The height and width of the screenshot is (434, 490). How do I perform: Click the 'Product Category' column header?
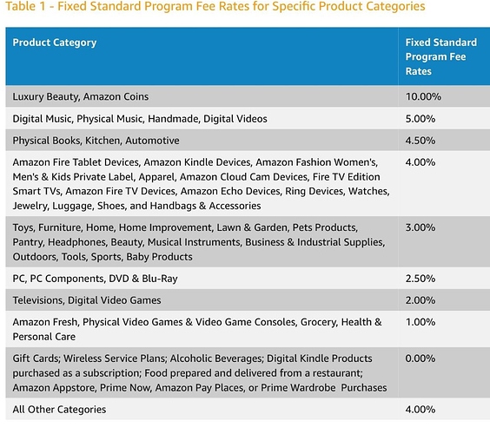55,43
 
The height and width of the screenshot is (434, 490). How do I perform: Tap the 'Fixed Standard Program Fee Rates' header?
441,56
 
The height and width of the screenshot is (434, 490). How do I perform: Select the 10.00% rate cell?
423,96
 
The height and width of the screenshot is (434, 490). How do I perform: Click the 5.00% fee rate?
420,119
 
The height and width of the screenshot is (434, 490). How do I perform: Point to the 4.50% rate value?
420,141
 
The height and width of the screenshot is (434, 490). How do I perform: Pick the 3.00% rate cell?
420,227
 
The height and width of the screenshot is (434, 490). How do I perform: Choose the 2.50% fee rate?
420,279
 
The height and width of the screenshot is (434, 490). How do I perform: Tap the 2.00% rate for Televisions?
420,300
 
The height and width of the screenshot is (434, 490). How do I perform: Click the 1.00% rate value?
420,322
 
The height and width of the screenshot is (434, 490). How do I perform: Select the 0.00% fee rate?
420,358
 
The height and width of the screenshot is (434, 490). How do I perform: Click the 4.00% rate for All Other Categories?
420,410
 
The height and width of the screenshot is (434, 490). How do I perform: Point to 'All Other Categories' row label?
59,410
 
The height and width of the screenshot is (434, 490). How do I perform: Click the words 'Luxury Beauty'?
46,97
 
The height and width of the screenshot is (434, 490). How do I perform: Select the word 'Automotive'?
153,141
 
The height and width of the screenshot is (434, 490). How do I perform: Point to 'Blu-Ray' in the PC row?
160,279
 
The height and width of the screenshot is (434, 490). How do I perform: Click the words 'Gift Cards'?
36,358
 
